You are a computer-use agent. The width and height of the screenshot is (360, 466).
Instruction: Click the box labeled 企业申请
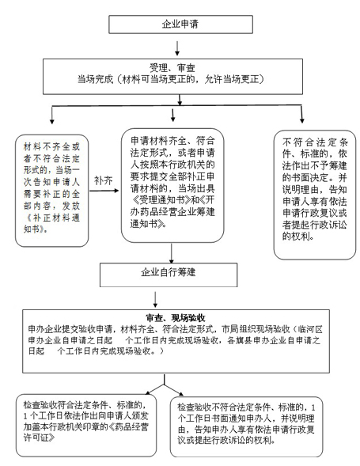click(x=180, y=25)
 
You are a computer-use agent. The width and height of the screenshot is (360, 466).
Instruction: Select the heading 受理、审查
click(x=172, y=68)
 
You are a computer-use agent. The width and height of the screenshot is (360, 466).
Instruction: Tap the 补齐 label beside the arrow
click(x=103, y=180)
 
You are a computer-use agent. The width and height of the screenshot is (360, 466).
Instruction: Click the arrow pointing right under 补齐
click(x=104, y=191)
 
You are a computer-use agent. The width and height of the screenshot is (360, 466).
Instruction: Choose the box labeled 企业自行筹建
click(x=169, y=275)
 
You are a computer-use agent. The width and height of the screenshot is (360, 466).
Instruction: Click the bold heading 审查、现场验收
click(x=176, y=318)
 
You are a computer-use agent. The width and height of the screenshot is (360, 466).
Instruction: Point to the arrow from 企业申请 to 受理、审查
click(x=177, y=48)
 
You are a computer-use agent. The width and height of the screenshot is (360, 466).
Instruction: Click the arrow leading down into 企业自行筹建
click(x=171, y=253)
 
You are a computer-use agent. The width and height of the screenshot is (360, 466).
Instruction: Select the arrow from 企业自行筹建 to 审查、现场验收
click(x=155, y=300)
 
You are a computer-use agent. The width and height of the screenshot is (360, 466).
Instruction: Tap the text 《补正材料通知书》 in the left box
click(x=51, y=223)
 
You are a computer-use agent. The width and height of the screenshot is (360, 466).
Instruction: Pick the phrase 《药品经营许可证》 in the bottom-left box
click(x=86, y=433)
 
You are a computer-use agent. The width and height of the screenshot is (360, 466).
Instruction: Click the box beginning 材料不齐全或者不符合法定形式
click(x=51, y=191)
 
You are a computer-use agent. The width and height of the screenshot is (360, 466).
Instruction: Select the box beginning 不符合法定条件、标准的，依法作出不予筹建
click(x=315, y=195)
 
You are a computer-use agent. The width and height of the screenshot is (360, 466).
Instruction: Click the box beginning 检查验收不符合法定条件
click(x=246, y=426)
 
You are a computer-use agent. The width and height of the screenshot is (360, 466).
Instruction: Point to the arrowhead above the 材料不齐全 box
click(x=52, y=122)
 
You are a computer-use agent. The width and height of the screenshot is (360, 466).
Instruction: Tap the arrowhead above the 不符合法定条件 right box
click(x=302, y=120)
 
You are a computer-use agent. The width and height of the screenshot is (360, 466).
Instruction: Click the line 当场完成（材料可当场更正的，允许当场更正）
click(x=171, y=79)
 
